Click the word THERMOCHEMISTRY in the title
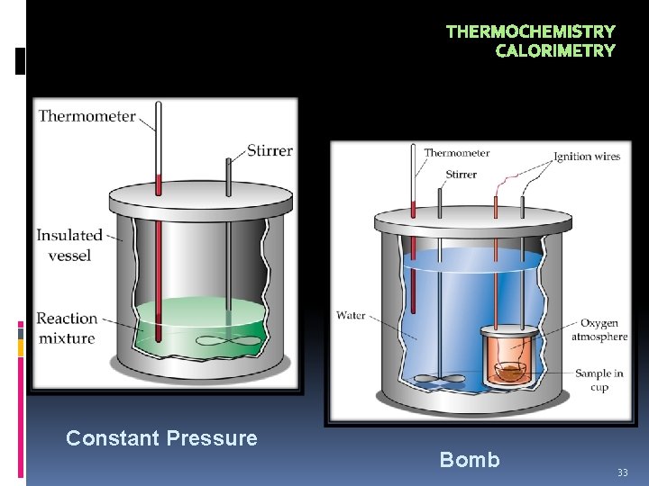(x=530, y=32)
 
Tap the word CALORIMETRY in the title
(x=555, y=51)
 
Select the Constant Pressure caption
(x=161, y=438)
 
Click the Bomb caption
(x=469, y=460)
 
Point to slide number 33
(x=622, y=472)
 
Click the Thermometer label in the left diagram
(x=87, y=116)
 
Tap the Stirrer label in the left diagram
(x=270, y=150)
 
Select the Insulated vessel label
(x=69, y=245)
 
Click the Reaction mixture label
(x=67, y=328)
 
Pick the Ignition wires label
(x=587, y=157)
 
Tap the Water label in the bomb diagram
(x=351, y=315)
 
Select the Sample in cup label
(x=599, y=380)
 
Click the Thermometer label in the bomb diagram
(x=457, y=153)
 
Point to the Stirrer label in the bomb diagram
(x=461, y=175)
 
